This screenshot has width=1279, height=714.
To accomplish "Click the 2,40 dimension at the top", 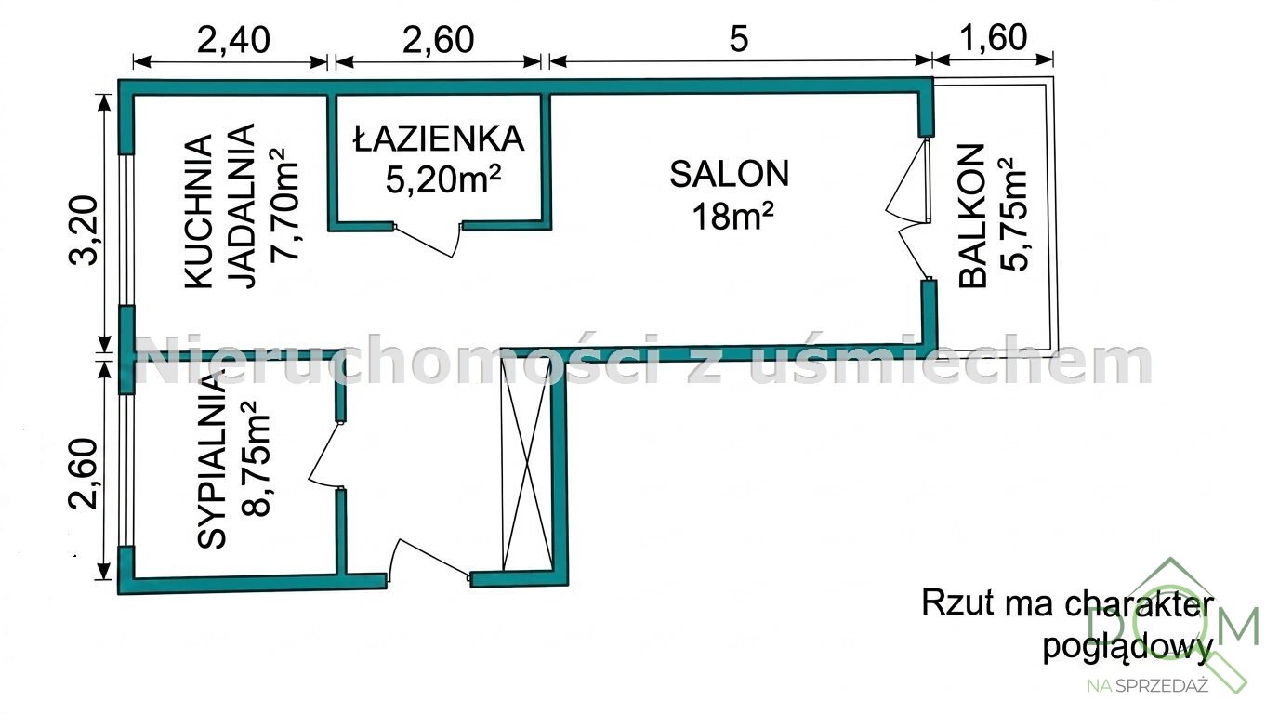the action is [x=233, y=40].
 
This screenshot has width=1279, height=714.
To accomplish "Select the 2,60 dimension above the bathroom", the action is [x=438, y=40].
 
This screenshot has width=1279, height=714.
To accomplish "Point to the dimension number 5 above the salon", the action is [x=738, y=40].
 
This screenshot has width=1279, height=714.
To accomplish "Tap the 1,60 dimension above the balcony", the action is [x=993, y=38].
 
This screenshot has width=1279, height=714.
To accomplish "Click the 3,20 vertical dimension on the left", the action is [x=84, y=231].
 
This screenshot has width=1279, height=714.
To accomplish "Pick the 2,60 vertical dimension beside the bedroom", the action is [x=84, y=473].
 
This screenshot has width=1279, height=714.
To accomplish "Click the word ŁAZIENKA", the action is [x=439, y=138].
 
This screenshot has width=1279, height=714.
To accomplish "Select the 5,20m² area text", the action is [x=443, y=179].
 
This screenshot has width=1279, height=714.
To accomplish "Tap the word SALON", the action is [x=729, y=174].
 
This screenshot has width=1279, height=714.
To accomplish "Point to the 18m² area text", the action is [x=732, y=217].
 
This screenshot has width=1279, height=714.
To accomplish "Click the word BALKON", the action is [x=972, y=216].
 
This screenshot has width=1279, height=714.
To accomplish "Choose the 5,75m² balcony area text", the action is [x=1013, y=214].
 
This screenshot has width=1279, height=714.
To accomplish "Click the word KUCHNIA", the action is [x=199, y=211].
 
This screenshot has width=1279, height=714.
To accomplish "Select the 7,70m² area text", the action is [x=284, y=205].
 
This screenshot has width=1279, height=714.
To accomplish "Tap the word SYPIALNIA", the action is [x=212, y=460].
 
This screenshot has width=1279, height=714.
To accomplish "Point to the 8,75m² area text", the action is [x=255, y=459].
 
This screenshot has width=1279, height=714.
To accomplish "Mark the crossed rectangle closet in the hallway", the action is [x=528, y=465].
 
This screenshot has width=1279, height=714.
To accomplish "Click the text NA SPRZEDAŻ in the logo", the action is [x=1148, y=685].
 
